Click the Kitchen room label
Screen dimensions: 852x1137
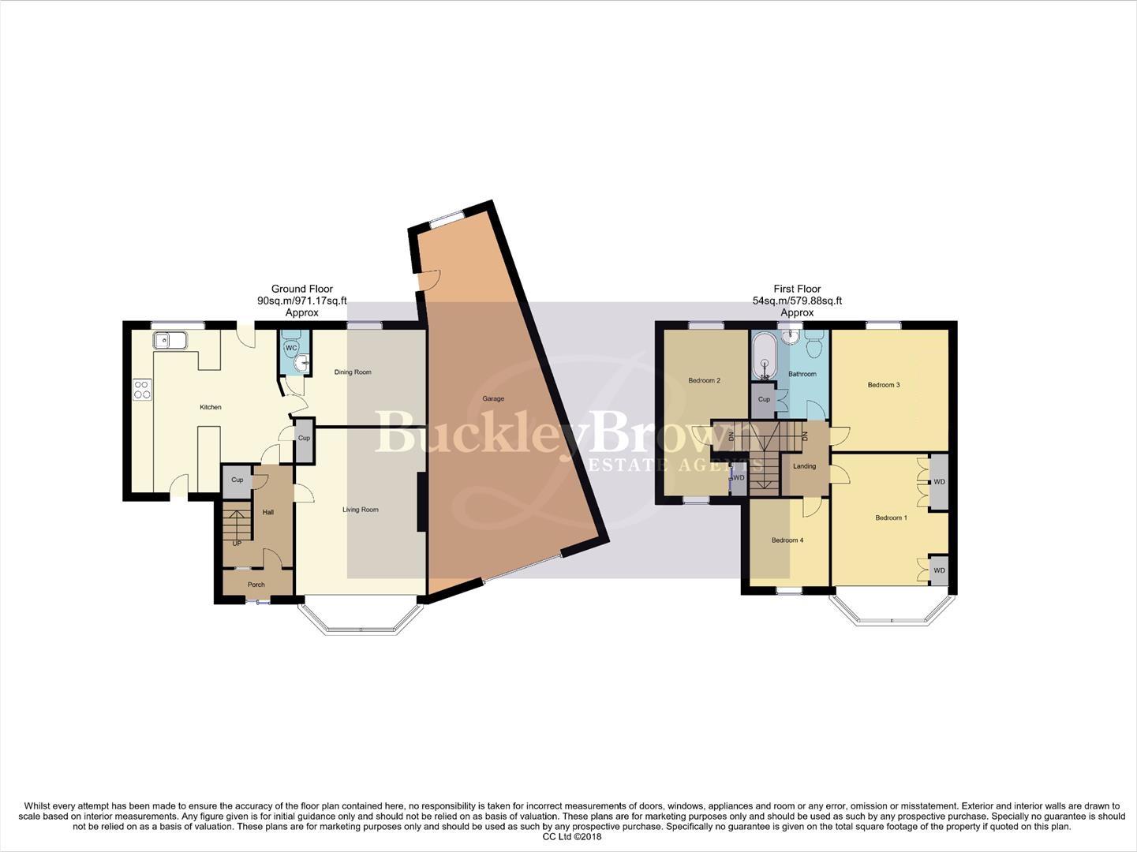(x=210, y=407)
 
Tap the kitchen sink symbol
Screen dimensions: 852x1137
(x=170, y=341)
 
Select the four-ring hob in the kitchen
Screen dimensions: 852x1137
(x=143, y=389)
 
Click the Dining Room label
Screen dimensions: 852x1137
(x=352, y=372)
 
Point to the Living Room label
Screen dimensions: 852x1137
(x=360, y=510)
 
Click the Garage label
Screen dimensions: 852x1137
(x=493, y=399)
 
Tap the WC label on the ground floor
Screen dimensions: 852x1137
(x=290, y=348)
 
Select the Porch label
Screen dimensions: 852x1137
(x=256, y=585)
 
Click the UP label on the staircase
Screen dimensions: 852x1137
(x=237, y=544)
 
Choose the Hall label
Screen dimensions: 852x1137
(x=268, y=512)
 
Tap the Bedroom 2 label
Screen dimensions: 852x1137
(x=704, y=380)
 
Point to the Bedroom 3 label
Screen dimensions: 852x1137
(x=883, y=385)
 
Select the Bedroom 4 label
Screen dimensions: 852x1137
(x=787, y=540)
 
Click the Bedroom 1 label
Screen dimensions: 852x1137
(x=891, y=518)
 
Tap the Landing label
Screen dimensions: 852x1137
(x=804, y=466)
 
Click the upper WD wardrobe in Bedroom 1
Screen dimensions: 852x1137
(x=938, y=481)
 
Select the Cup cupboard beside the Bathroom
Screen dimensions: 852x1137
(x=764, y=400)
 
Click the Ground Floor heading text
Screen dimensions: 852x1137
(x=301, y=289)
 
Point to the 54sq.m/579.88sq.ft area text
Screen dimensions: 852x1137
(x=797, y=301)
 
